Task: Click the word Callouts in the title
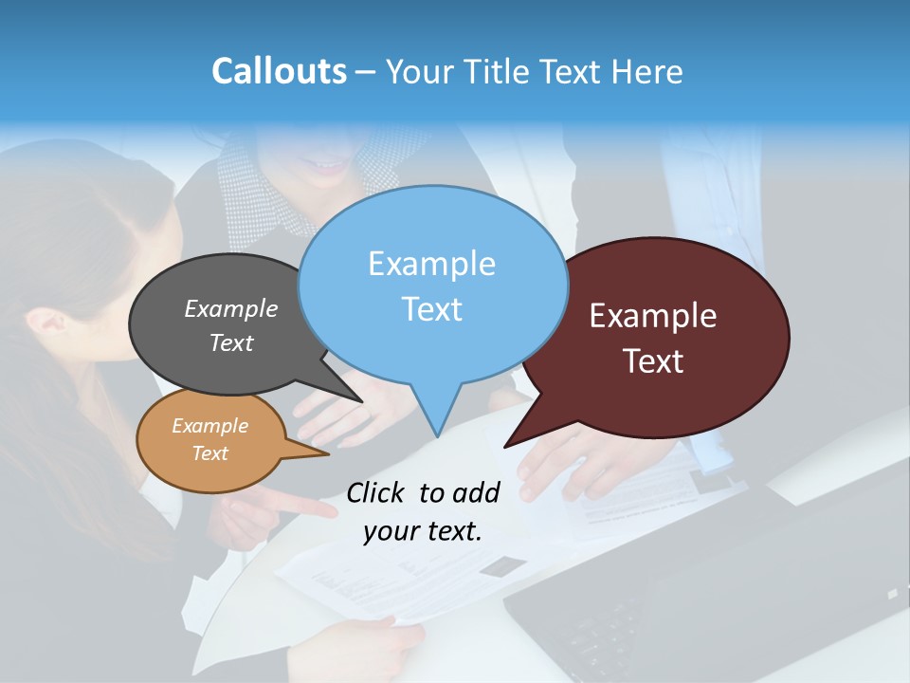tap(279, 71)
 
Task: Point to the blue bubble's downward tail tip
tap(438, 435)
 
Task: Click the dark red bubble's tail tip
tap(506, 445)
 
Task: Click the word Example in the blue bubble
tap(431, 264)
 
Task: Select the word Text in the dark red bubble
tap(653, 361)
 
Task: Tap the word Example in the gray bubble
tap(231, 308)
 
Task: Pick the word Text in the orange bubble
tap(210, 453)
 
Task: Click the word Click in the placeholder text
tap(377, 492)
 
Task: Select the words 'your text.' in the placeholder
tap(423, 530)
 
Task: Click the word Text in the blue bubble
tap(431, 309)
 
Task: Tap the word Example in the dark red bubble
tap(653, 316)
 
